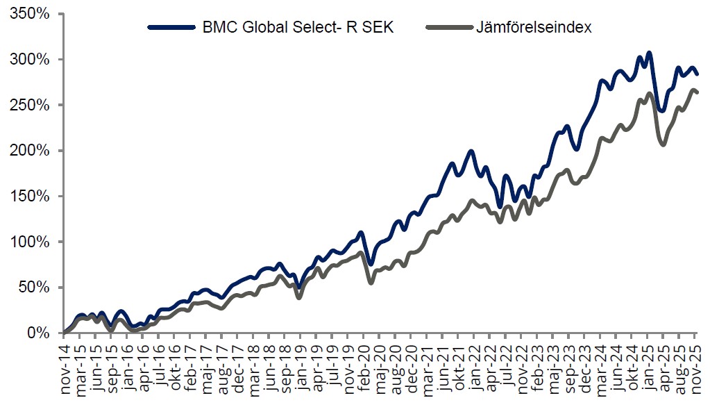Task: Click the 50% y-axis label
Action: click(x=31, y=288)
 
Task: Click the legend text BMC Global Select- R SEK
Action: click(x=299, y=28)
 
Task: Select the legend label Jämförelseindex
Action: click(x=533, y=28)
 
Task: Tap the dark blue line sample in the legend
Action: click(x=172, y=28)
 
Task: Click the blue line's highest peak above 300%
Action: click(x=649, y=53)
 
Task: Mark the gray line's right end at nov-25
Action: click(x=698, y=92)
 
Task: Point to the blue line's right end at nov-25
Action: click(x=698, y=74)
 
